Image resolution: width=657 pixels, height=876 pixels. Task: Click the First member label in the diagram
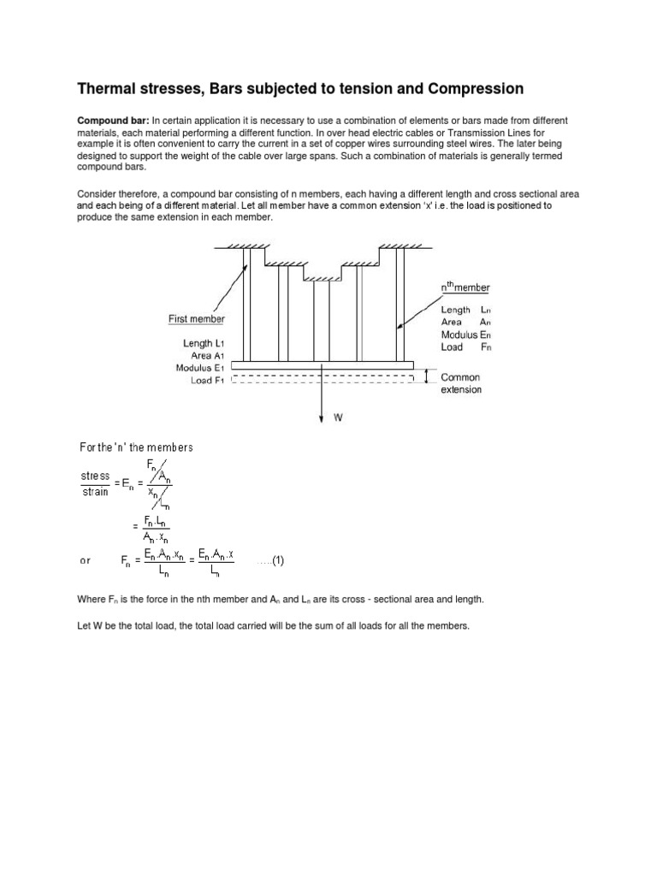(x=196, y=319)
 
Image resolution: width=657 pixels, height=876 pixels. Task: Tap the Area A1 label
(x=208, y=355)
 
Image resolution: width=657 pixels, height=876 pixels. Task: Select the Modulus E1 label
(x=200, y=368)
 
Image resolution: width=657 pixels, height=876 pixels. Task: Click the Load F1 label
(x=208, y=381)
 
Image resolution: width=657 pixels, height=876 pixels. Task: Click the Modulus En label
(x=466, y=334)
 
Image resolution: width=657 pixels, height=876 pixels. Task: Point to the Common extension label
(x=460, y=383)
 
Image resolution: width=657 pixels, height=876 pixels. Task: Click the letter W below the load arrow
(x=337, y=418)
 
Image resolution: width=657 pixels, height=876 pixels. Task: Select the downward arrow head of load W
(x=321, y=417)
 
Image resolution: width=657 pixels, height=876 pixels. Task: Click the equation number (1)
(x=273, y=561)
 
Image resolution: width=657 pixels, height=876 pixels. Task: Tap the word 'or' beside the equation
(x=85, y=562)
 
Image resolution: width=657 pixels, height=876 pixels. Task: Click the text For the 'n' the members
(x=136, y=447)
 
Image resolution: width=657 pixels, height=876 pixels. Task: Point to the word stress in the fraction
(x=95, y=475)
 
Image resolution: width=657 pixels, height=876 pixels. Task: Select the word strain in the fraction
(x=95, y=491)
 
